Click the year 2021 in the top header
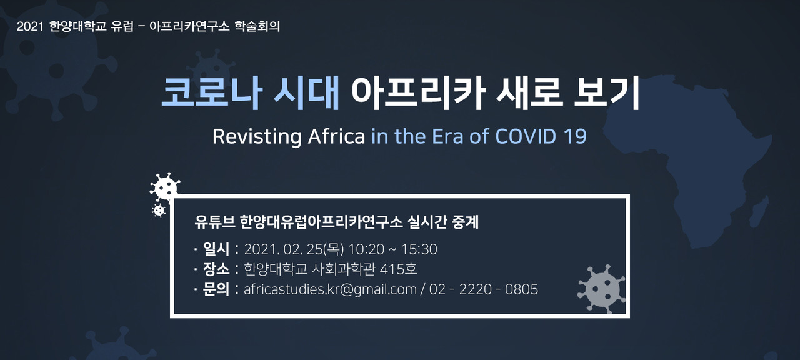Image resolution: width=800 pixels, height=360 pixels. [x=30, y=26]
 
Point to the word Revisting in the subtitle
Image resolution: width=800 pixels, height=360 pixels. [x=257, y=136]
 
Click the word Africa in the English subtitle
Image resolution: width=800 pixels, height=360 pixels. [x=336, y=136]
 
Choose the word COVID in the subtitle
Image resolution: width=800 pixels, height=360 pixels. [x=526, y=136]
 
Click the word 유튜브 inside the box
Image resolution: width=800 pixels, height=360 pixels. [x=214, y=222]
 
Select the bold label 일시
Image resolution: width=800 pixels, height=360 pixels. [x=216, y=249]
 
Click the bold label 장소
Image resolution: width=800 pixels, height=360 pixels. [x=216, y=269]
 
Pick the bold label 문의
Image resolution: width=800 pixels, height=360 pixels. [x=216, y=289]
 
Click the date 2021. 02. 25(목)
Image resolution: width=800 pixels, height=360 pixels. [x=294, y=249]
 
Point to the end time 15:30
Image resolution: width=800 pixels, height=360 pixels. [x=419, y=249]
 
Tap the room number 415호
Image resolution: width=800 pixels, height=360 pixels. [x=398, y=269]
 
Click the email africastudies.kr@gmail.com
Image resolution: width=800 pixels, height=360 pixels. [x=330, y=289]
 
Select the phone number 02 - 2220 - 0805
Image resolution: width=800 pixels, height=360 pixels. [x=484, y=289]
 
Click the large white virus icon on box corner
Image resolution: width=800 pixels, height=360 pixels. [x=164, y=187]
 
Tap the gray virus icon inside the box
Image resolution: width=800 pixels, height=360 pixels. [x=601, y=289]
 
